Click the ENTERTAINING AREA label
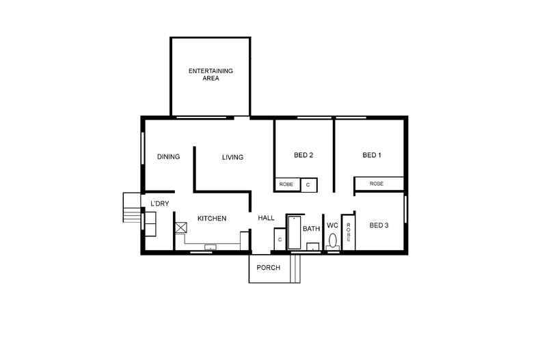click(210, 74)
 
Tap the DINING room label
click(168, 156)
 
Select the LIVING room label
click(232, 158)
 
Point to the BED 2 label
click(303, 155)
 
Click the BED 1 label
click(371, 155)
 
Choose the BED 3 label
click(379, 225)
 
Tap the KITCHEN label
click(212, 219)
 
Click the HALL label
click(266, 218)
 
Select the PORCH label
click(269, 267)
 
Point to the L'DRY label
click(159, 204)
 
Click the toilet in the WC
click(333, 241)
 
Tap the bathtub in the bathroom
click(295, 233)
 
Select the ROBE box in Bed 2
click(286, 184)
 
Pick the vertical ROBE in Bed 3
click(348, 232)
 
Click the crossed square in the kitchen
click(181, 228)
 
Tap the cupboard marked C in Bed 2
click(309, 184)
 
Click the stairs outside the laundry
click(131, 208)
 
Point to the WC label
click(332, 225)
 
